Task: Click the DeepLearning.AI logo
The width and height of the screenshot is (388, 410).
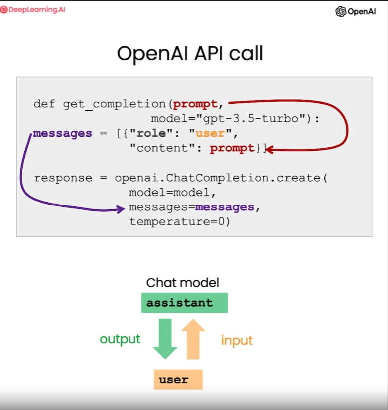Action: coord(33,10)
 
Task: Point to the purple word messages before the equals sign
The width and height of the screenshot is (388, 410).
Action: coord(63,133)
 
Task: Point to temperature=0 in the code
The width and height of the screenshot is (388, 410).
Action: coord(179,222)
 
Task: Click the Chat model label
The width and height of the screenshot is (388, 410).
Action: coord(182,283)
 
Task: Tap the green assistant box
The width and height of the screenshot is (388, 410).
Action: coord(184,303)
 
